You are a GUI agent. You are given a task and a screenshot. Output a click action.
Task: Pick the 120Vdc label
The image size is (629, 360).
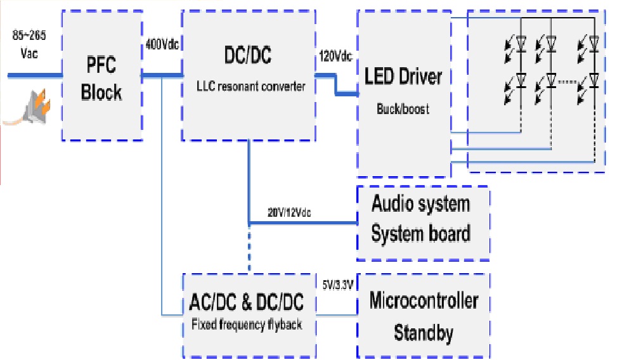335,57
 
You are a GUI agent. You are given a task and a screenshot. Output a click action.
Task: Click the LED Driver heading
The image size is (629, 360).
403,77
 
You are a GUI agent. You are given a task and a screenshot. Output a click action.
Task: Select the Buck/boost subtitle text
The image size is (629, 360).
403,108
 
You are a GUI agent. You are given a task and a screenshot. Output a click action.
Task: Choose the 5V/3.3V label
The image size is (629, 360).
337,285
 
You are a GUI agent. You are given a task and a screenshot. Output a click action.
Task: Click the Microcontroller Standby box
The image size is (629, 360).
424,315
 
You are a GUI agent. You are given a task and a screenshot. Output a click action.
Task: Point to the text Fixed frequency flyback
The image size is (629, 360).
247,325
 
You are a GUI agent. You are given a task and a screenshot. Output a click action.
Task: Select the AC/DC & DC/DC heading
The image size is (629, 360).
247,302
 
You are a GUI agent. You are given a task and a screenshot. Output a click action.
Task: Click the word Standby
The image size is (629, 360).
424,331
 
